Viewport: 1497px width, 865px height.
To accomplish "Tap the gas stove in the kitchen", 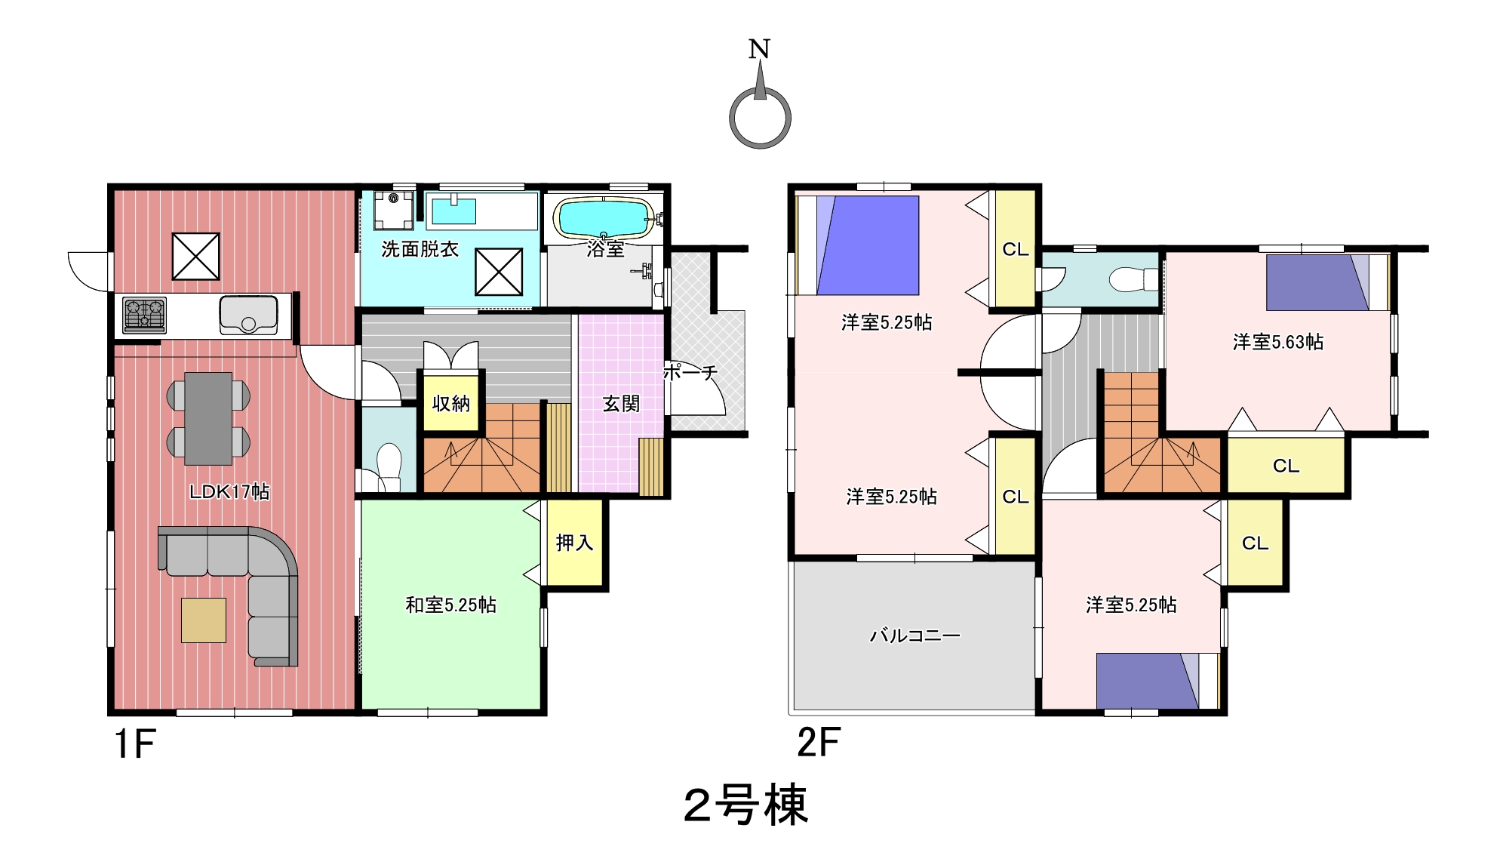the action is pyautogui.click(x=144, y=316).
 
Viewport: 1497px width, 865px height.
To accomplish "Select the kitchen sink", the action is pyautogui.click(x=248, y=315).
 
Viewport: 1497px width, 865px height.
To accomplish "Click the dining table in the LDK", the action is pyautogui.click(x=208, y=417).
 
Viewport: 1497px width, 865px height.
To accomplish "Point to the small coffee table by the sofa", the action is pyautogui.click(x=204, y=620).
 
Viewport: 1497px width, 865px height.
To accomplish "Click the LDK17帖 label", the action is pyautogui.click(x=229, y=491).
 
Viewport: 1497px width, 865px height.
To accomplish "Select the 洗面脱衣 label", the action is pyautogui.click(x=420, y=249).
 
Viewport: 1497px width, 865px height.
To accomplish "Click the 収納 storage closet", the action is pyautogui.click(x=451, y=403).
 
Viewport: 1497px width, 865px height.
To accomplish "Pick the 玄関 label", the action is pyautogui.click(x=621, y=404).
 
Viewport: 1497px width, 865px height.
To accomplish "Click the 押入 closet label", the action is pyautogui.click(x=575, y=542).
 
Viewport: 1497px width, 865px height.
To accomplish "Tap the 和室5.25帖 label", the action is pyautogui.click(x=450, y=605).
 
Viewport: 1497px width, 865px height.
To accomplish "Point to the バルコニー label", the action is pyautogui.click(x=915, y=636).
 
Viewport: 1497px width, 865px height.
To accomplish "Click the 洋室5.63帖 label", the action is pyautogui.click(x=1278, y=342).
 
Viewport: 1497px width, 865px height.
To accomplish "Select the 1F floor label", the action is pyautogui.click(x=135, y=743).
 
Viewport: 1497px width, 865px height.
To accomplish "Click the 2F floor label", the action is pyautogui.click(x=819, y=742).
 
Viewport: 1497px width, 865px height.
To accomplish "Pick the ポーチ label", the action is pyautogui.click(x=690, y=372).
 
